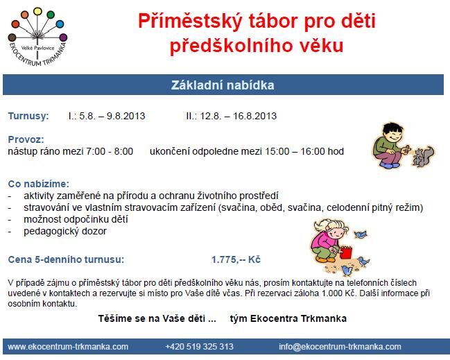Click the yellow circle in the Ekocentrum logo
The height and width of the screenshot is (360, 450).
pyautogui.click(x=37, y=12)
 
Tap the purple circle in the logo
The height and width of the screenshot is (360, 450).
pyautogui.click(x=63, y=37)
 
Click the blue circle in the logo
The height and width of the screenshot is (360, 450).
pyautogui.click(x=60, y=24)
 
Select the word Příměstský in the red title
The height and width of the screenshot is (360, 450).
pyautogui.click(x=191, y=22)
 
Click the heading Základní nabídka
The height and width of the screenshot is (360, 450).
pyautogui.click(x=223, y=85)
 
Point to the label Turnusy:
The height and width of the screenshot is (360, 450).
pyautogui.click(x=28, y=116)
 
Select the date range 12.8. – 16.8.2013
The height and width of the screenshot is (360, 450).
pyautogui.click(x=239, y=116)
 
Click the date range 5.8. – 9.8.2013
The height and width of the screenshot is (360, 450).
pyautogui.click(x=112, y=116)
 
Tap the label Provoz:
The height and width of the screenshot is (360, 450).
pyautogui.click(x=26, y=139)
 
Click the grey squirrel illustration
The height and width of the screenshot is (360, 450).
pyautogui.click(x=423, y=157)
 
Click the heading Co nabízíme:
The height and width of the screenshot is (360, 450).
pyautogui.click(x=38, y=184)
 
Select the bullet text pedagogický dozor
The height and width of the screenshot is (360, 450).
pyautogui.click(x=65, y=231)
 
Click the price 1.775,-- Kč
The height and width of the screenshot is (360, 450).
pyautogui.click(x=236, y=259)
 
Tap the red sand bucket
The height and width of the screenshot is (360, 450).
pyautogui.click(x=345, y=252)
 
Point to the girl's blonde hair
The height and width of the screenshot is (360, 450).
pyautogui.click(x=331, y=225)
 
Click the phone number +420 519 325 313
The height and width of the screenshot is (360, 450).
pyautogui.click(x=200, y=347)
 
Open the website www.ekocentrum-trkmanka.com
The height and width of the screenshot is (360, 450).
pyautogui.click(x=68, y=347)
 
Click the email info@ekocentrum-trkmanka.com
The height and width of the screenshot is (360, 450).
pyautogui.click(x=340, y=347)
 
